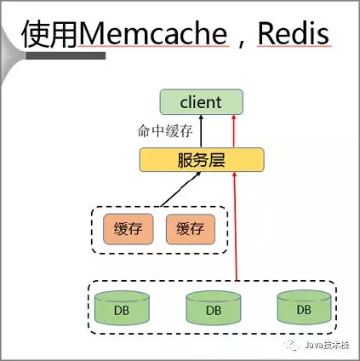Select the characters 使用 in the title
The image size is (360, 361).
pos(49,33)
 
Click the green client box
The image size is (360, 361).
pos(201,103)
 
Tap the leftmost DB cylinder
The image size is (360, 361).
pos(118,307)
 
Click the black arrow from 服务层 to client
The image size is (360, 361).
pos(202,131)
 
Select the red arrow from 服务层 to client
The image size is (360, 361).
pos(231,131)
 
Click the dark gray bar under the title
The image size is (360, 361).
pos(68,56)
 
